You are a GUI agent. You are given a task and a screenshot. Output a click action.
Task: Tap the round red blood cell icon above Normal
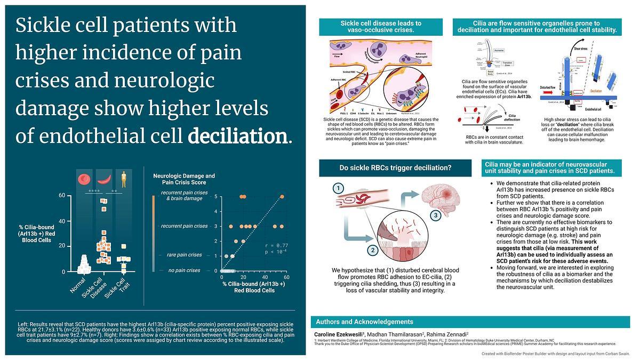[85, 179]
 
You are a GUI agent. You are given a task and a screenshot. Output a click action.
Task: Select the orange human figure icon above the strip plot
[124, 179]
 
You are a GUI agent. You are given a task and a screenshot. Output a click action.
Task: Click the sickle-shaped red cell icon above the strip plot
[104, 179]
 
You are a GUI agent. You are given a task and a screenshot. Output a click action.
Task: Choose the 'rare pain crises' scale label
[184, 255]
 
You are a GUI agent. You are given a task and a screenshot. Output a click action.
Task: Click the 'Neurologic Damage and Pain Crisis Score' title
[184, 179]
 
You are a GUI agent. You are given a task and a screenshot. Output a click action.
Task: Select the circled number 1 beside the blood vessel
[337, 188]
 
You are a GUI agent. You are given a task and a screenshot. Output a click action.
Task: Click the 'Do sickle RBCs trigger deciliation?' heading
[395, 168]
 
